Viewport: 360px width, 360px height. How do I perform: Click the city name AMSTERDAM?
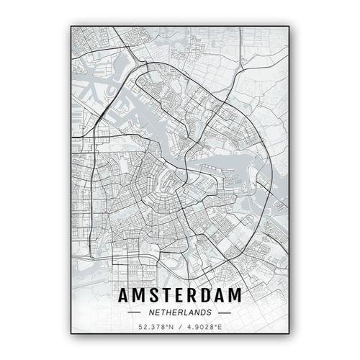click(x=179, y=295)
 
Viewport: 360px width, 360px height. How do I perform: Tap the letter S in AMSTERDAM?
click(x=154, y=295)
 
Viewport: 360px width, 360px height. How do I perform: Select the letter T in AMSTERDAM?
click(x=168, y=295)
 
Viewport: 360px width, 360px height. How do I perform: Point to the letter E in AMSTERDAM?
click(x=181, y=295)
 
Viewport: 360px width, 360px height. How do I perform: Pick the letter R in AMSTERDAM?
click(x=194, y=295)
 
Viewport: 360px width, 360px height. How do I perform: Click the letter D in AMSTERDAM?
click(x=208, y=295)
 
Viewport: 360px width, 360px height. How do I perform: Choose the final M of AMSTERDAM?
click(x=238, y=295)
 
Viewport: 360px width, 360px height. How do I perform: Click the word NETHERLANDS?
click(x=179, y=312)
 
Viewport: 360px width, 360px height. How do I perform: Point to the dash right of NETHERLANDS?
click(x=224, y=312)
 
